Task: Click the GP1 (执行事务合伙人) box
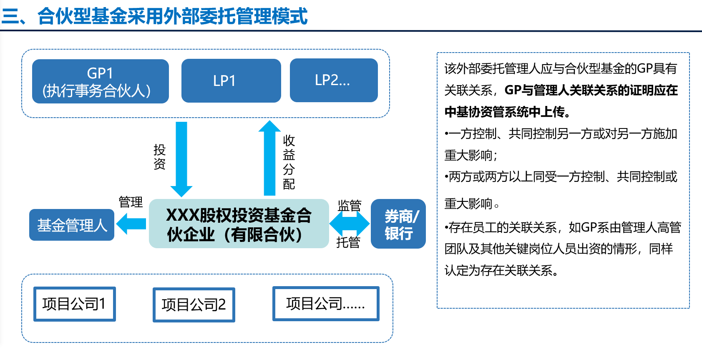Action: [x=100, y=81]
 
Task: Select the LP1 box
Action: [x=231, y=81]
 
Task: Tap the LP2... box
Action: [x=334, y=80]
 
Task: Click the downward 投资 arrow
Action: [x=181, y=159]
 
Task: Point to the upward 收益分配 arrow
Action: [x=269, y=158]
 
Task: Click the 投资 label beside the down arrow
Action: [x=159, y=157]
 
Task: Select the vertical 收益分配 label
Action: [x=289, y=162]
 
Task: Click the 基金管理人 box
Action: [x=72, y=225]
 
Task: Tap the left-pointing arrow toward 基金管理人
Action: [x=131, y=224]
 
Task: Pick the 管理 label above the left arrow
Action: [x=131, y=202]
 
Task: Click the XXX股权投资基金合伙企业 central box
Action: [x=239, y=224]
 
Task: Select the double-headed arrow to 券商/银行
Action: [x=350, y=224]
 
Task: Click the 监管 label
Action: [x=350, y=206]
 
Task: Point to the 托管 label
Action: [x=348, y=242]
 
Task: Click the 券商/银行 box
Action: [x=398, y=224]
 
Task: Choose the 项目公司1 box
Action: [x=75, y=304]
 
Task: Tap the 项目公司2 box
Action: [x=194, y=305]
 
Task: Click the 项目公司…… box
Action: [x=326, y=304]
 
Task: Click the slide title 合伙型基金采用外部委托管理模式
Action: [x=173, y=16]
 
